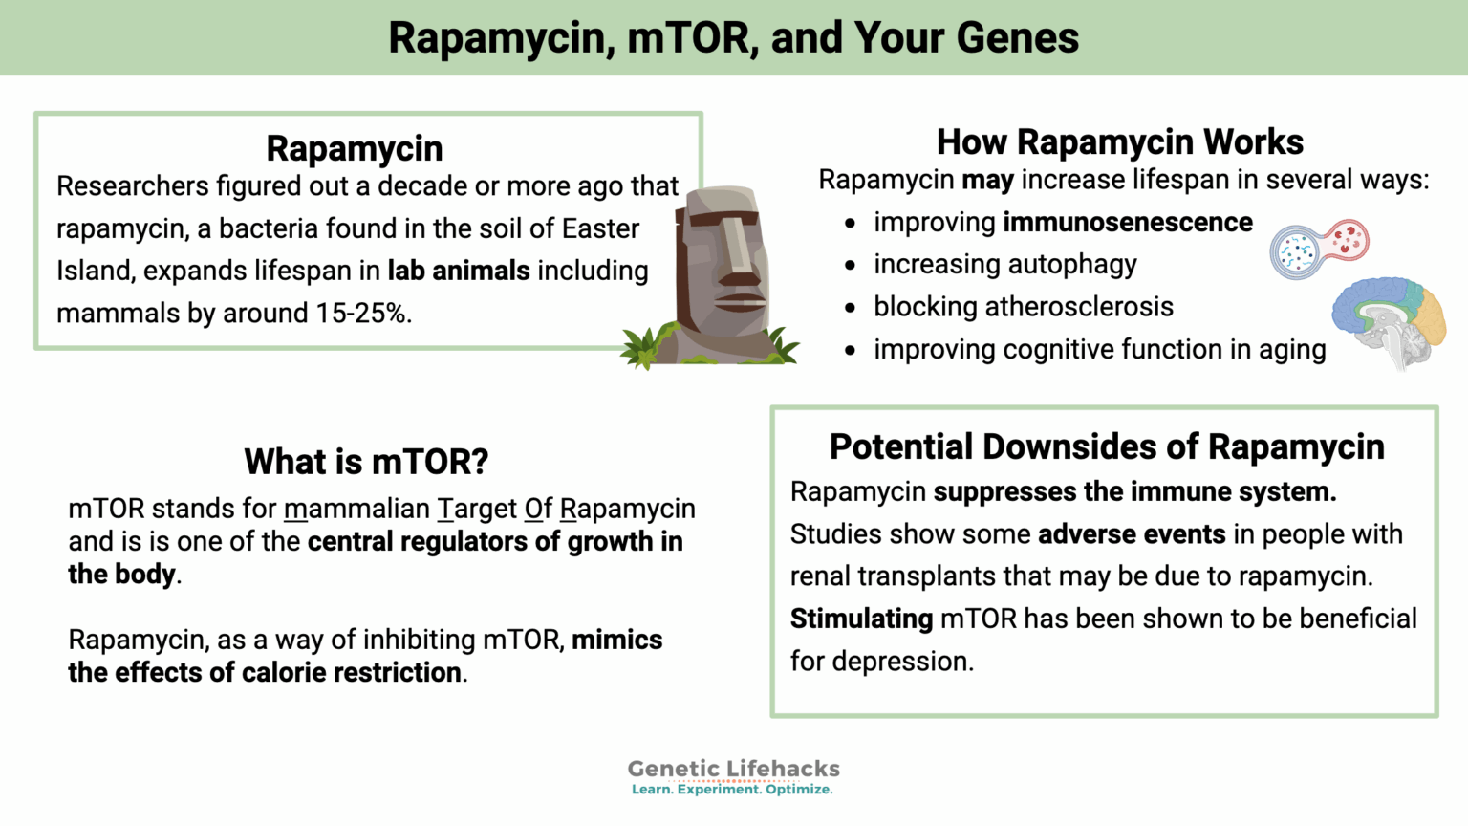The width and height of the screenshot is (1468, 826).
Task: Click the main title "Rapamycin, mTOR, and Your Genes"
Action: [x=733, y=38]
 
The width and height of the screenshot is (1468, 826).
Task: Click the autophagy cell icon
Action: [x=1319, y=248]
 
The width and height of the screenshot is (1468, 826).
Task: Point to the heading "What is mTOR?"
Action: [x=366, y=462]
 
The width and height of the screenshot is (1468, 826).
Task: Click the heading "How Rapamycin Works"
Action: [x=1119, y=142]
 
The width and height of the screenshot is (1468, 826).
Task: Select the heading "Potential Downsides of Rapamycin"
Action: [x=1106, y=446]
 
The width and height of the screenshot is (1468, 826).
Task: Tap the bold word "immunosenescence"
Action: [x=1127, y=223]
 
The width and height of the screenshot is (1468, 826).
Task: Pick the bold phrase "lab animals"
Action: [x=458, y=272]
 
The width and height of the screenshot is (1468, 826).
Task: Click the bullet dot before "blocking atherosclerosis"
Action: [x=850, y=308]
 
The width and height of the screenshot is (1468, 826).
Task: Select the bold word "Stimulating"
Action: [x=861, y=619]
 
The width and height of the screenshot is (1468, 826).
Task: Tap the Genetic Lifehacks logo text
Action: [x=733, y=769]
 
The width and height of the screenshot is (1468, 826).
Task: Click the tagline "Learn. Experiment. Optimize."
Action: [x=732, y=790]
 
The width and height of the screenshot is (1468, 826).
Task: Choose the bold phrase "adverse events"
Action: [x=1132, y=533]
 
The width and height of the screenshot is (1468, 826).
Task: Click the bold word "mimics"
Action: [x=616, y=640]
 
